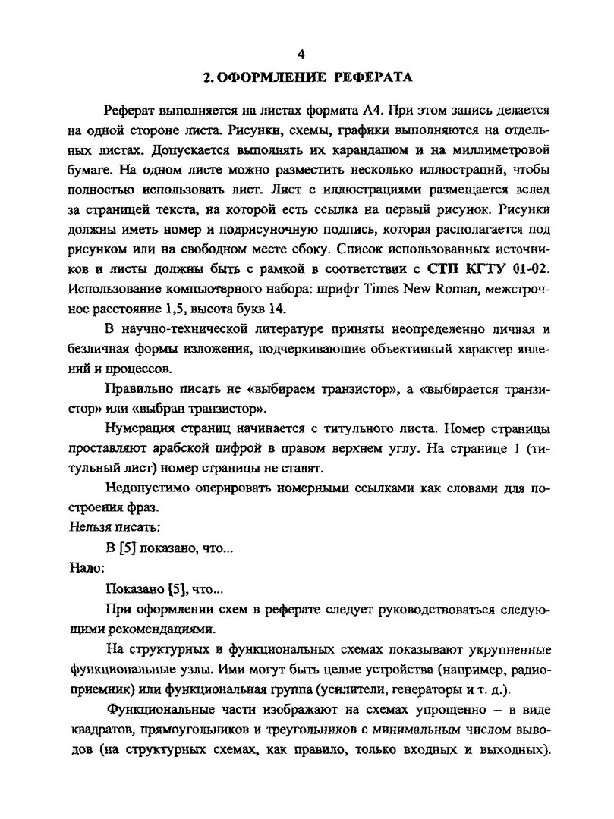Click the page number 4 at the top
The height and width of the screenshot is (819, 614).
301,54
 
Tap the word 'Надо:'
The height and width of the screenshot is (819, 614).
85,566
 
